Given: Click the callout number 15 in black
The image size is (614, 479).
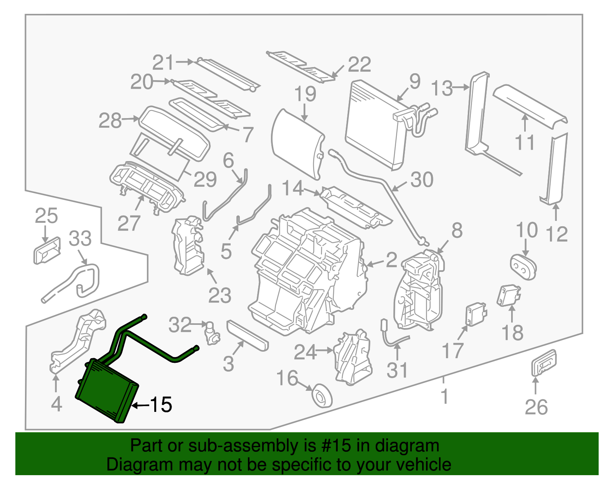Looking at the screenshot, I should [160, 405].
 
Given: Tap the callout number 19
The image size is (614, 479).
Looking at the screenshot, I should [305, 94].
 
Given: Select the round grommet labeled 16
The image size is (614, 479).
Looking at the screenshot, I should [322, 396].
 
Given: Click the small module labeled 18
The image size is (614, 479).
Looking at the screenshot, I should [509, 296].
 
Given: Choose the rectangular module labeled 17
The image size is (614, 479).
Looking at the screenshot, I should [475, 314].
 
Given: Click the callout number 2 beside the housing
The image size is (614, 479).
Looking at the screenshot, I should [391, 260].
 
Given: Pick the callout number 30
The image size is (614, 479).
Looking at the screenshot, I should [422, 179].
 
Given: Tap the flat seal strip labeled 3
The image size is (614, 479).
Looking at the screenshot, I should [248, 336].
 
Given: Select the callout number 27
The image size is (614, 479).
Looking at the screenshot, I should [129, 223].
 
